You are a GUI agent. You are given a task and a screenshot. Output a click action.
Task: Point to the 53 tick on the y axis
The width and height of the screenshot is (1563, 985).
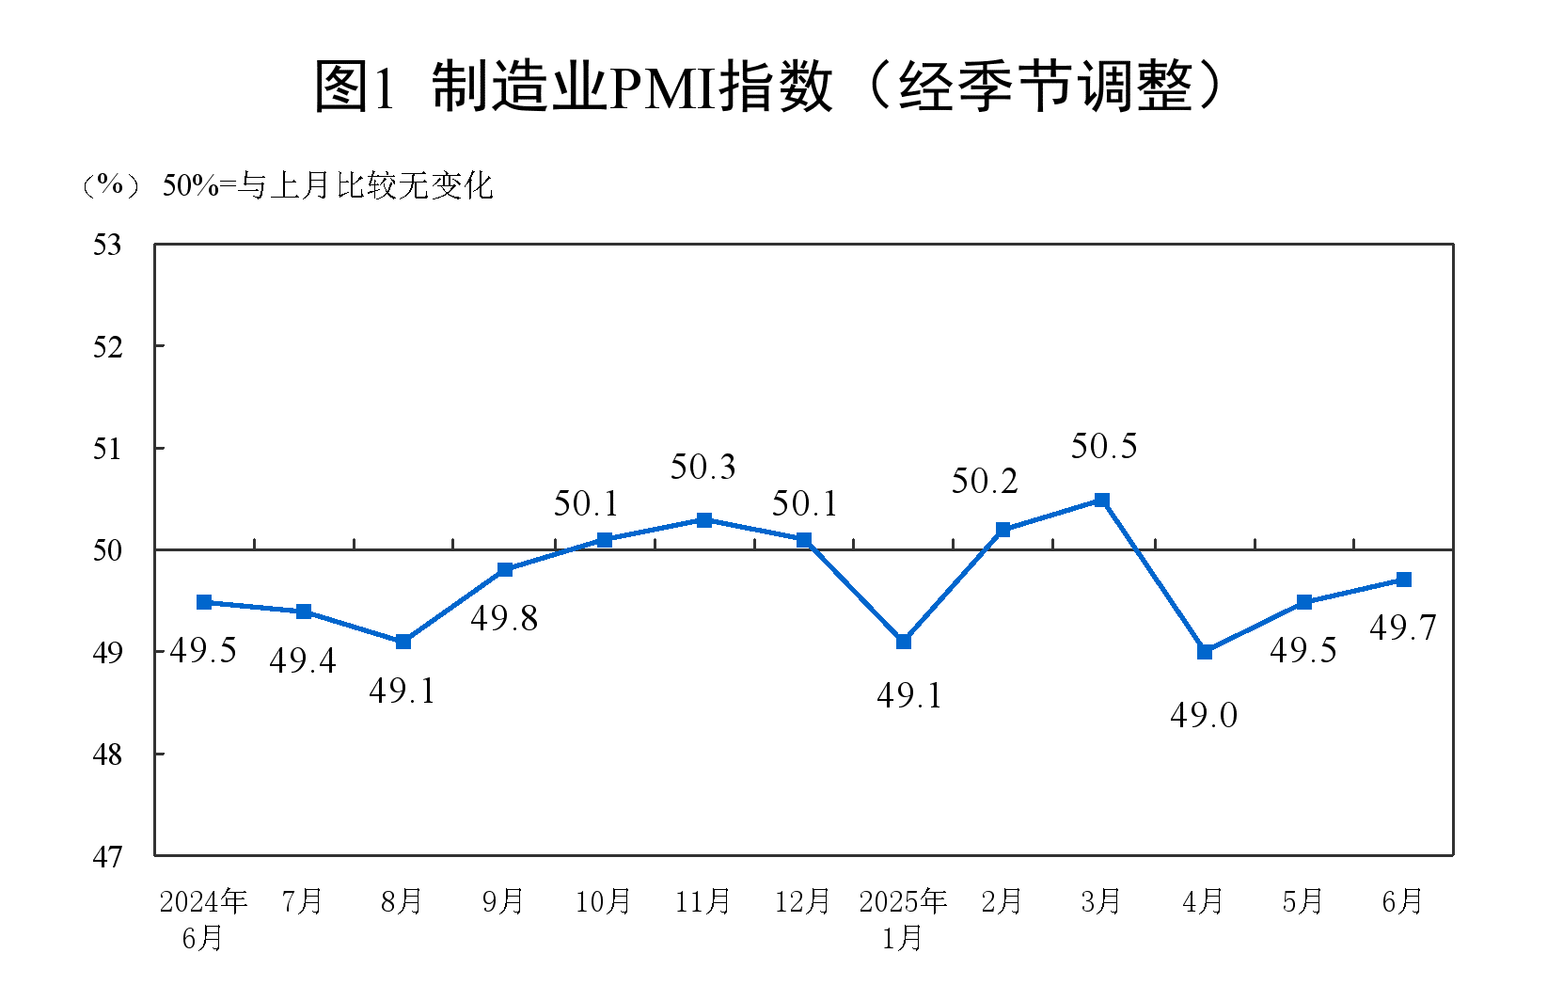pos(107,245)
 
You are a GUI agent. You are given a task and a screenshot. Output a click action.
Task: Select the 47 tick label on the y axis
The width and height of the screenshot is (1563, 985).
pos(107,856)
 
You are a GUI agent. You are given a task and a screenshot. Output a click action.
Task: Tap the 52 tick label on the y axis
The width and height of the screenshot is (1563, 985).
pos(107,347)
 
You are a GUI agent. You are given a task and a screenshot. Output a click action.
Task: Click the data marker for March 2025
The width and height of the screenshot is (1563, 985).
pos(1102,500)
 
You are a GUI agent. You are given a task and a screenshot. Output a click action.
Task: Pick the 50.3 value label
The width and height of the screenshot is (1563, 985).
pos(703,467)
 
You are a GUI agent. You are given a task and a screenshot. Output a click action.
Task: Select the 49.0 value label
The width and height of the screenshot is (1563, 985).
pos(1204,715)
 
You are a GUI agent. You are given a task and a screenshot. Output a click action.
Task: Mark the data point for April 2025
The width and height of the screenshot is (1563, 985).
pos(1205,651)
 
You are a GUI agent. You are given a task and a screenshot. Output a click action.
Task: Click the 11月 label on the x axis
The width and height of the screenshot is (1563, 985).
pos(703,901)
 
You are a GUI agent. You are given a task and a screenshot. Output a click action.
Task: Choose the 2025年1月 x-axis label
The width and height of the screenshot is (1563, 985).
pos(903,918)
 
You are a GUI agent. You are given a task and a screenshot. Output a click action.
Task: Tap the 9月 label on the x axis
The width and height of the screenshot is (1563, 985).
pos(503,901)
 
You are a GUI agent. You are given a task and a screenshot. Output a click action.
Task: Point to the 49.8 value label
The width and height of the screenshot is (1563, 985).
pos(504,618)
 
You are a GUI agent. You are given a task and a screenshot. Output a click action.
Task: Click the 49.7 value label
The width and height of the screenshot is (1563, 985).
pos(1403,628)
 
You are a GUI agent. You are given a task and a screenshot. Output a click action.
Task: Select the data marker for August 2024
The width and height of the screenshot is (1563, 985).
pos(403,642)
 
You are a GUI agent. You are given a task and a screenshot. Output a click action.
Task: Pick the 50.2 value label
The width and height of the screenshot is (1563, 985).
pos(985,482)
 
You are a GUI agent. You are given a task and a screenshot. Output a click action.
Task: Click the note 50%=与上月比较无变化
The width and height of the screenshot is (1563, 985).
pos(327,185)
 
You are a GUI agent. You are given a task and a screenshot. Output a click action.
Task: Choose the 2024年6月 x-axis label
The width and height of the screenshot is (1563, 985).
pos(203,918)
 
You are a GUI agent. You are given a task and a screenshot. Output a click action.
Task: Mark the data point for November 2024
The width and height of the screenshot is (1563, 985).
pos(704,520)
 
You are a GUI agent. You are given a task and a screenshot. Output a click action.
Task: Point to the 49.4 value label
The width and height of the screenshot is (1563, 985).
pos(303,661)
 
